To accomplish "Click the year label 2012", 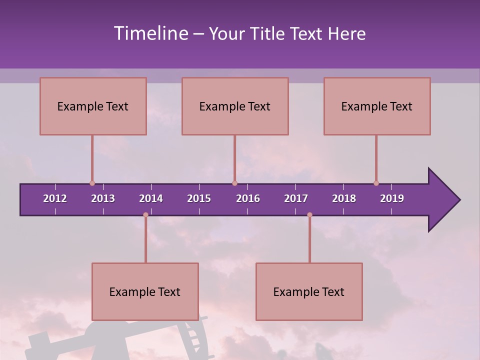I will coord(55,198).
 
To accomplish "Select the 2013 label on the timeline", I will coord(103,198).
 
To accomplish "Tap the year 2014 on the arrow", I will coord(151,198).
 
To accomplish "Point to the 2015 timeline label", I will coord(199,198).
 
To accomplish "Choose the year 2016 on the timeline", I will coord(248,198).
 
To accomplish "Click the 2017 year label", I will coord(296,198).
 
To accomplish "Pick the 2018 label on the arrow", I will coord(344,198).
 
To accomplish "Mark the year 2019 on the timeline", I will coord(392,198).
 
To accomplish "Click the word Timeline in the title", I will coord(150,33).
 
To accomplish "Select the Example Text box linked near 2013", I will coord(93,106).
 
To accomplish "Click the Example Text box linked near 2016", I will coord(235,106).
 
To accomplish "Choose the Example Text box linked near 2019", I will coord(377,106).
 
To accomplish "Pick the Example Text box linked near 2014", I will coord(145,291).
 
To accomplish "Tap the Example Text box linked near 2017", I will coord(309,291).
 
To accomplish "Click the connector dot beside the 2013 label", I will coord(92,183).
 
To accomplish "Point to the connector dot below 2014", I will coord(145,215).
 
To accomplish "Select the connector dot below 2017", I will coord(309,215).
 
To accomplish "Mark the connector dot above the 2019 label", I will coord(376,183).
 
